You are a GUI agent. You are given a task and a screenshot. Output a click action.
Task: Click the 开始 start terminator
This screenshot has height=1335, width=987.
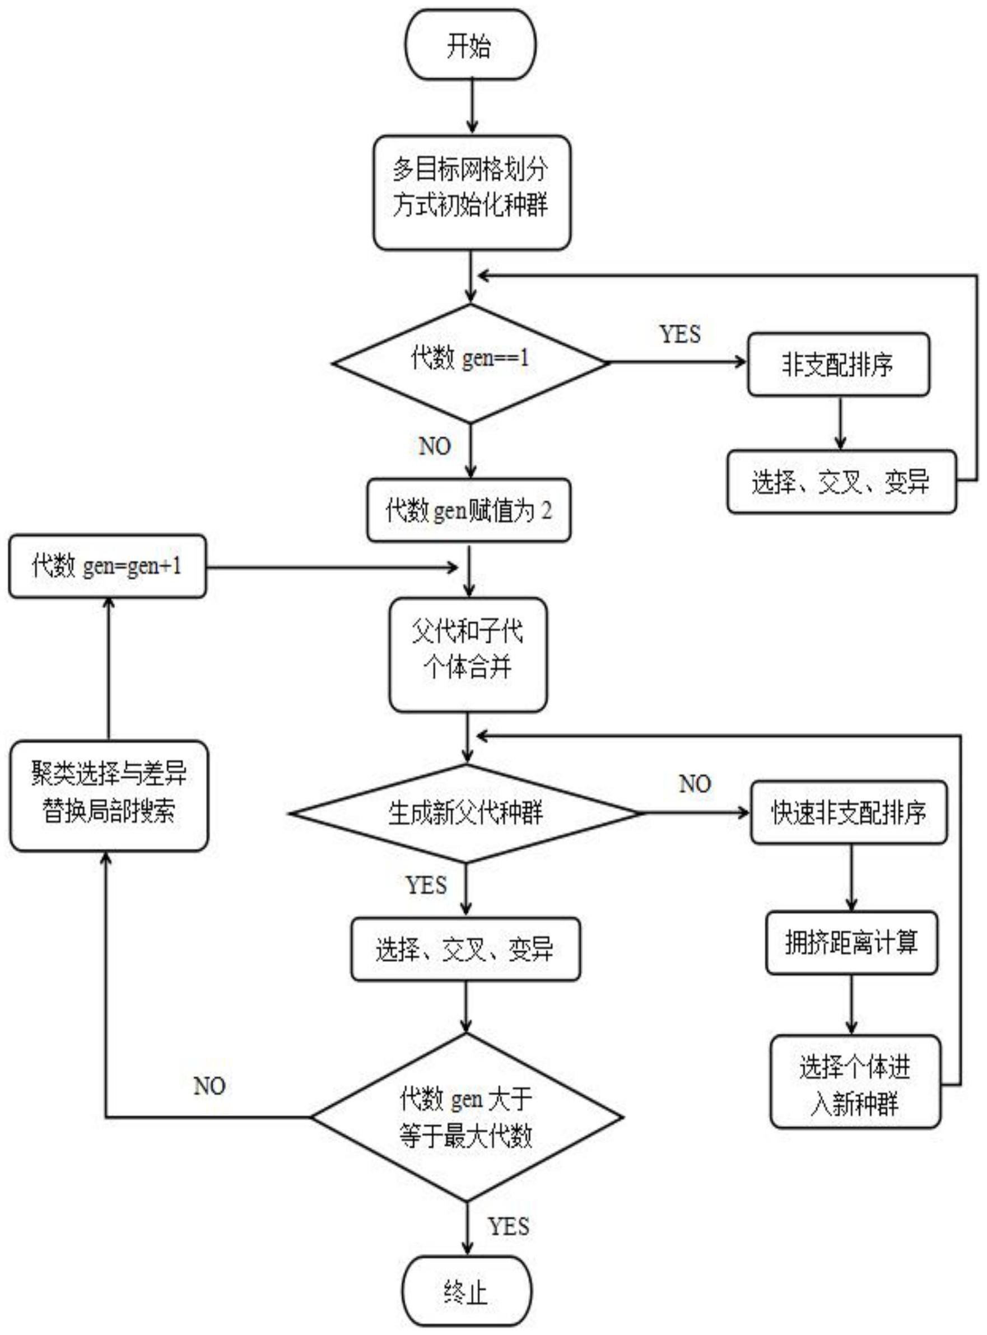click(x=471, y=45)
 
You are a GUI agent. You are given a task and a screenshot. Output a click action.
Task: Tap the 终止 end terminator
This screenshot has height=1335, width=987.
click(x=467, y=1291)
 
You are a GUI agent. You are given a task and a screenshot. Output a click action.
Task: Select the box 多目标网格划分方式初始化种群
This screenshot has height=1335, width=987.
click(x=472, y=192)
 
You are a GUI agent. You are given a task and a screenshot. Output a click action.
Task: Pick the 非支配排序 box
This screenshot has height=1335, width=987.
click(x=838, y=365)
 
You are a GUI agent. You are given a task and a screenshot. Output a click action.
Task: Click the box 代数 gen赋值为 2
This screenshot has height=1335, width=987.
click(x=468, y=510)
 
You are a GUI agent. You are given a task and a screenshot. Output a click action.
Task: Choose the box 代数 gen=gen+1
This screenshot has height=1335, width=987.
click(x=108, y=566)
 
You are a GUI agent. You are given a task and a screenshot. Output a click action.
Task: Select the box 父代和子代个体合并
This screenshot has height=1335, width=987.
click(x=468, y=654)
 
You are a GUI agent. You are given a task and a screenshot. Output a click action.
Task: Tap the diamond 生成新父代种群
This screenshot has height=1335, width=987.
click(x=466, y=813)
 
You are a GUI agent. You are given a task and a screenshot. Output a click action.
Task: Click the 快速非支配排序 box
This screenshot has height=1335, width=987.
click(x=849, y=812)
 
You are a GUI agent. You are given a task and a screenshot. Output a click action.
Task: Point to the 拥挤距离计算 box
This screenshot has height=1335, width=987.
click(x=851, y=942)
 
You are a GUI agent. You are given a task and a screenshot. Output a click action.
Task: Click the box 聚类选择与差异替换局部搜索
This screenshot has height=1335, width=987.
click(x=109, y=796)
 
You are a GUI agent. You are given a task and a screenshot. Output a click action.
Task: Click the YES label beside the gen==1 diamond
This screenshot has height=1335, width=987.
click(x=680, y=334)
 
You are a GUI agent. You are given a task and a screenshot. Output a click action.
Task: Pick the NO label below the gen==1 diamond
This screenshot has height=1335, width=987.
click(x=434, y=446)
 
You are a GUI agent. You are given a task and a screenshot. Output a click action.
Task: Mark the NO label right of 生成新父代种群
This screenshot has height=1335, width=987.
click(x=695, y=783)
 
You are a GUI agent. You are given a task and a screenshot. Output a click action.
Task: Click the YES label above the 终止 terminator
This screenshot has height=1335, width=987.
click(x=509, y=1226)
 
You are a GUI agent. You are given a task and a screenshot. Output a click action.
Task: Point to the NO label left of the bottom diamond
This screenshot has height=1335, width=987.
click(x=209, y=1086)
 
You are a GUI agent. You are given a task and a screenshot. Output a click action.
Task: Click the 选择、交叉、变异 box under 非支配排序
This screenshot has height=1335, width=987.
click(x=841, y=482)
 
